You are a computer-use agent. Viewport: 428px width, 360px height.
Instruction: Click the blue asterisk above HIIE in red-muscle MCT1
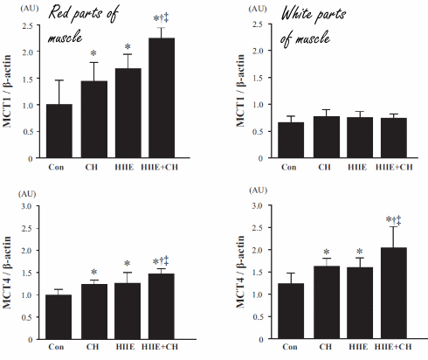(x=128, y=48)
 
